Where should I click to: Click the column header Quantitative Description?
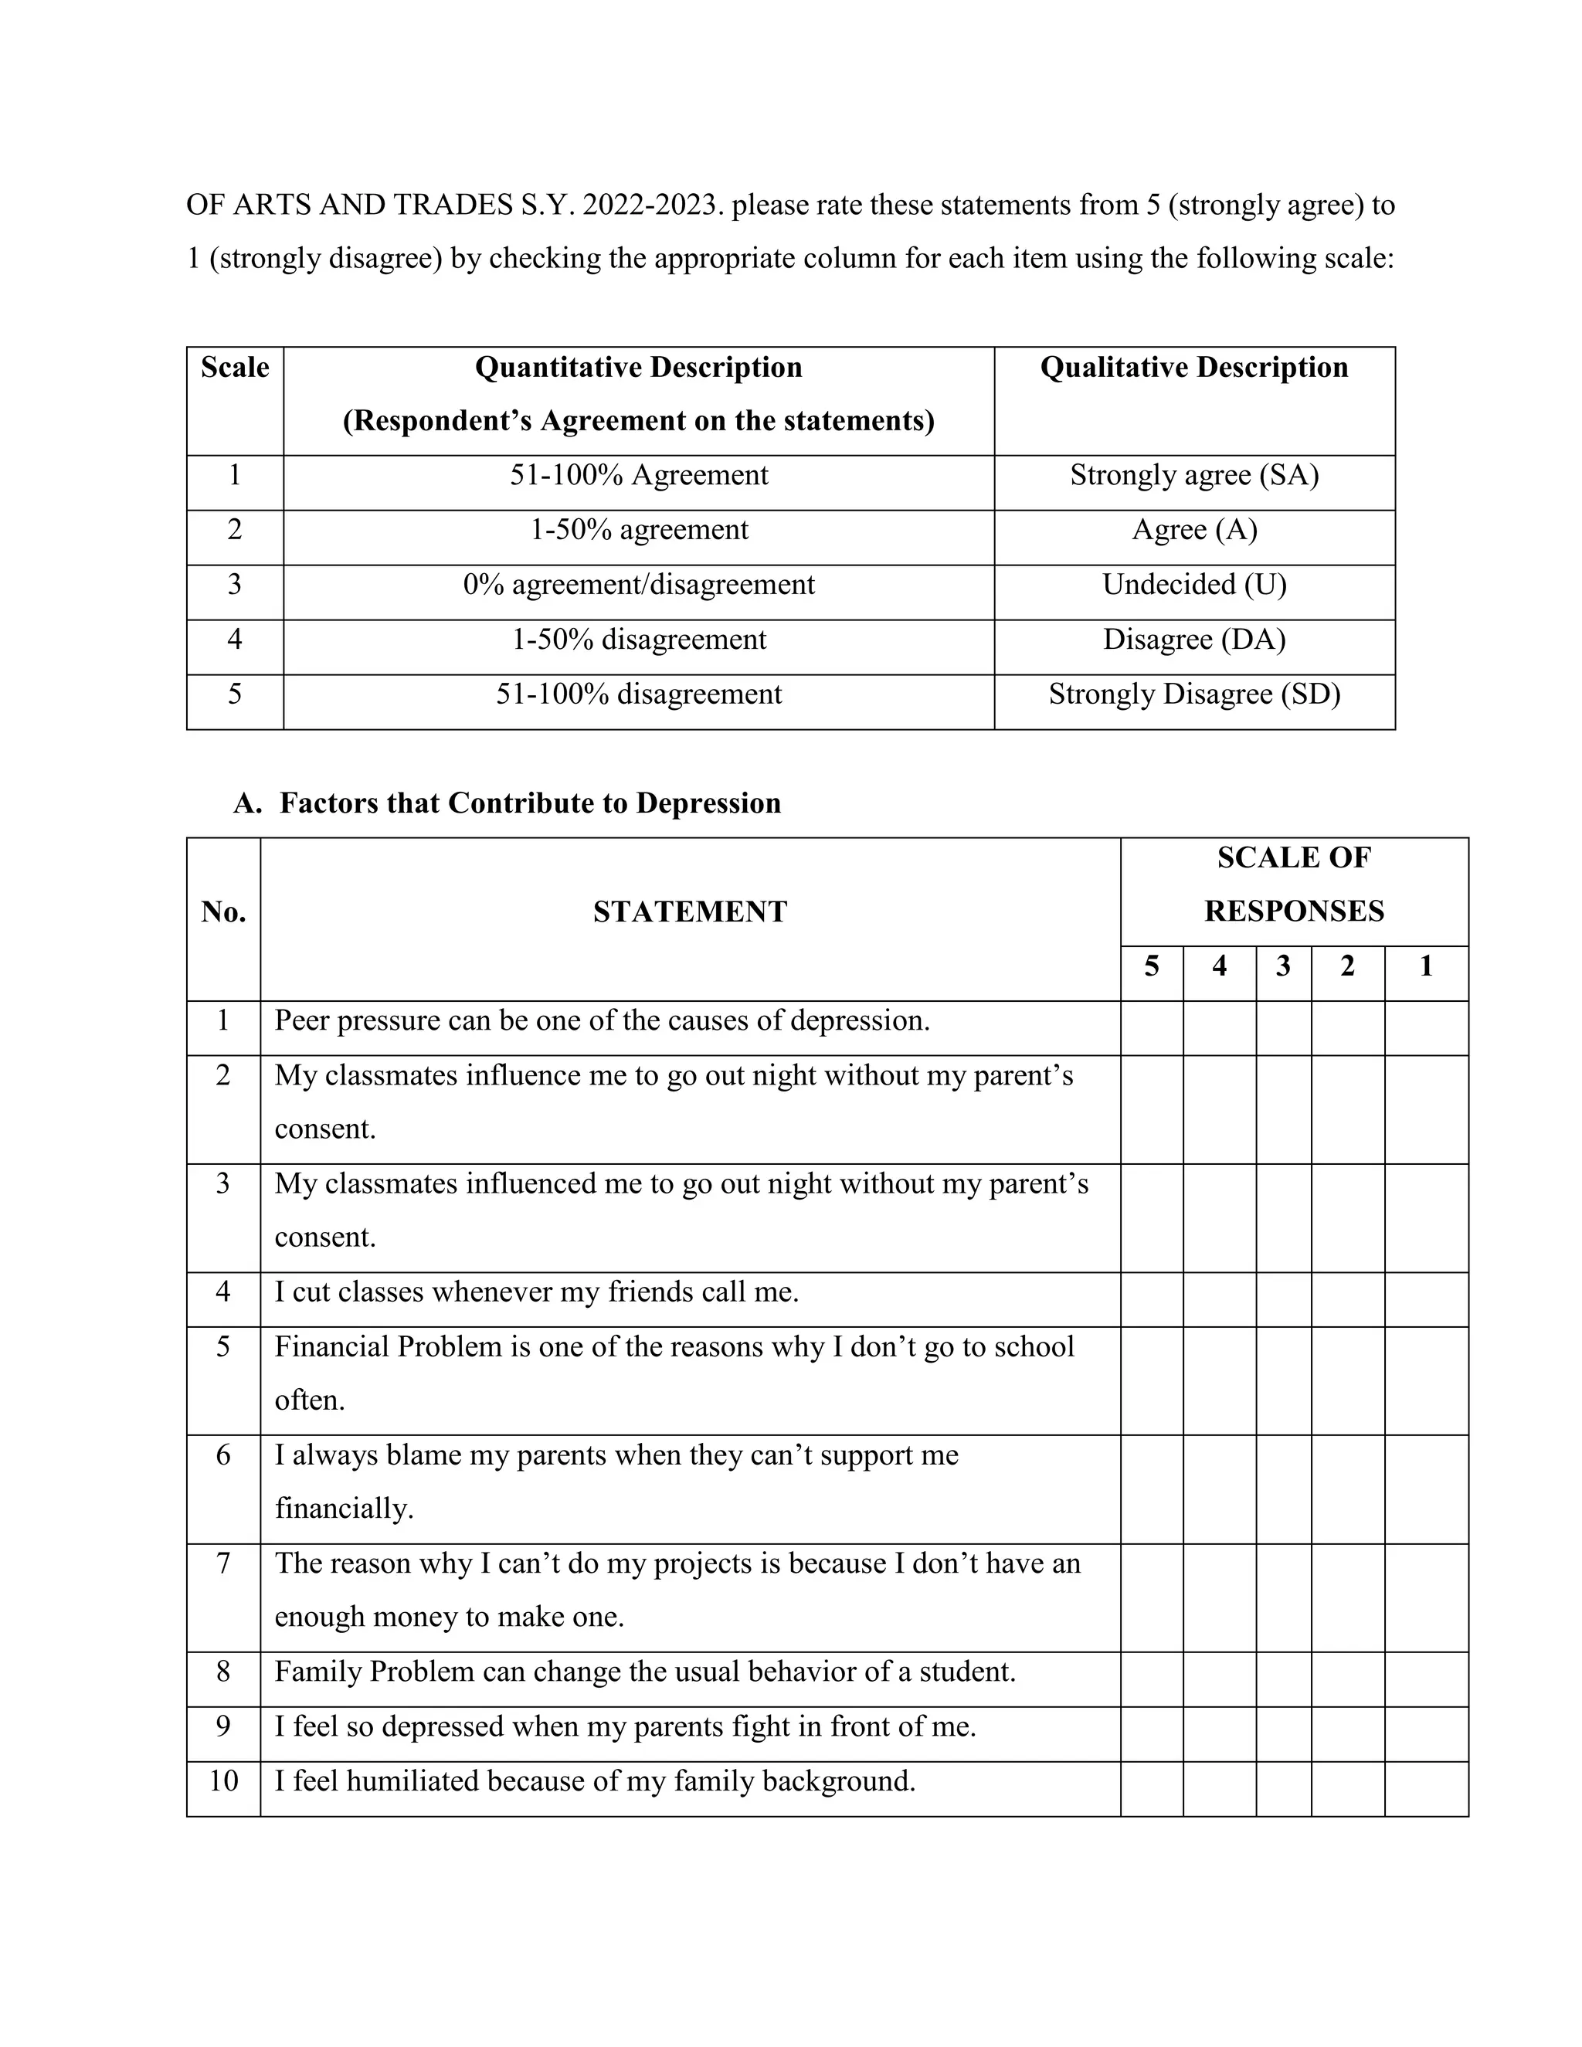click(x=638, y=368)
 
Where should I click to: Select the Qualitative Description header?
click(x=1194, y=368)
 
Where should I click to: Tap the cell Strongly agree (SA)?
click(x=1194, y=476)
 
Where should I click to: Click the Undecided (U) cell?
click(x=1194, y=585)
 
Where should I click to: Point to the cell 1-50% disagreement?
click(x=638, y=640)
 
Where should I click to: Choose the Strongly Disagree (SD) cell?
click(x=1194, y=694)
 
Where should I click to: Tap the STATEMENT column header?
click(x=690, y=912)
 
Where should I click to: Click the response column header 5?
click(x=1151, y=966)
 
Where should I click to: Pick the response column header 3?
click(x=1283, y=966)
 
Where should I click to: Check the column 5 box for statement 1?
click(x=1151, y=1027)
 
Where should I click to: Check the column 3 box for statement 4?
click(x=1283, y=1299)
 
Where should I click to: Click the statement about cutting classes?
click(x=536, y=1292)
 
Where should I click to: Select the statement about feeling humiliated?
click(x=594, y=1781)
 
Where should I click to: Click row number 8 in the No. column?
click(x=223, y=1672)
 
